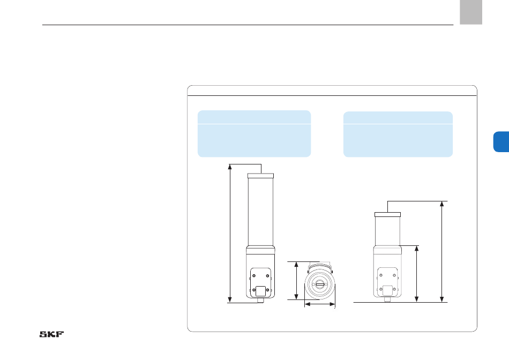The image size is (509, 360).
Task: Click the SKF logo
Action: (x=51, y=334)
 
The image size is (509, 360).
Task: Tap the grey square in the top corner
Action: (x=471, y=12)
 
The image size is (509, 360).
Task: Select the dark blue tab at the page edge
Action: (x=501, y=142)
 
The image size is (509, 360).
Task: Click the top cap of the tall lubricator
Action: (x=261, y=176)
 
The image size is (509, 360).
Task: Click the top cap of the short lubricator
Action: (x=387, y=215)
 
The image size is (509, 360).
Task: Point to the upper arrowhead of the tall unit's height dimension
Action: (x=230, y=167)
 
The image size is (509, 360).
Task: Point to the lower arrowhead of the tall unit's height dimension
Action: (x=230, y=300)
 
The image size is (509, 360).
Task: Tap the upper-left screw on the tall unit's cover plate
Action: (x=254, y=276)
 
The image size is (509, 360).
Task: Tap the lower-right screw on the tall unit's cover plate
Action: (x=267, y=290)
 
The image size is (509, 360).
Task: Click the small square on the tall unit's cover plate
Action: (x=260, y=291)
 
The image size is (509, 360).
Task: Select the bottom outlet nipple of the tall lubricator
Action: (x=260, y=301)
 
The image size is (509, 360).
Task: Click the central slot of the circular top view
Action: (x=320, y=284)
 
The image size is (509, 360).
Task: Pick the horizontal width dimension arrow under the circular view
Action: (x=320, y=304)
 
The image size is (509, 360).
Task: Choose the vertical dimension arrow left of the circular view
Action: (x=296, y=281)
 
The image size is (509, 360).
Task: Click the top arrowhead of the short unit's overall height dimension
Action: (x=442, y=204)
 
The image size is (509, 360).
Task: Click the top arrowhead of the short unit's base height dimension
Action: (x=417, y=249)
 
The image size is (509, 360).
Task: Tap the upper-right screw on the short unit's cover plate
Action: (x=394, y=275)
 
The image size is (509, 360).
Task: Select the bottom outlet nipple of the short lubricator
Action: (x=387, y=299)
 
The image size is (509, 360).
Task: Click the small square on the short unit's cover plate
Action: (x=387, y=290)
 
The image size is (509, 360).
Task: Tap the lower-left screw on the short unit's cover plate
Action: (x=381, y=289)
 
